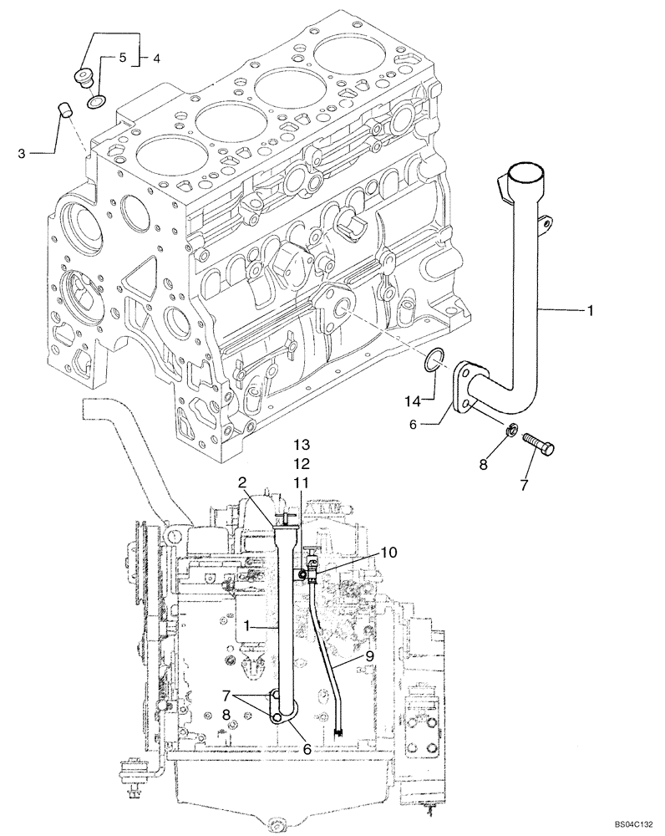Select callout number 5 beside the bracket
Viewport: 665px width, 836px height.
pos(121,58)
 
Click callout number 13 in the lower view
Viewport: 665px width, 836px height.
pos(301,442)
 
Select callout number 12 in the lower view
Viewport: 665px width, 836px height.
pos(301,462)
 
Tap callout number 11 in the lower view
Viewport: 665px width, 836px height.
pos(301,482)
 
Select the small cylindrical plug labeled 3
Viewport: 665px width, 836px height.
pos(63,109)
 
